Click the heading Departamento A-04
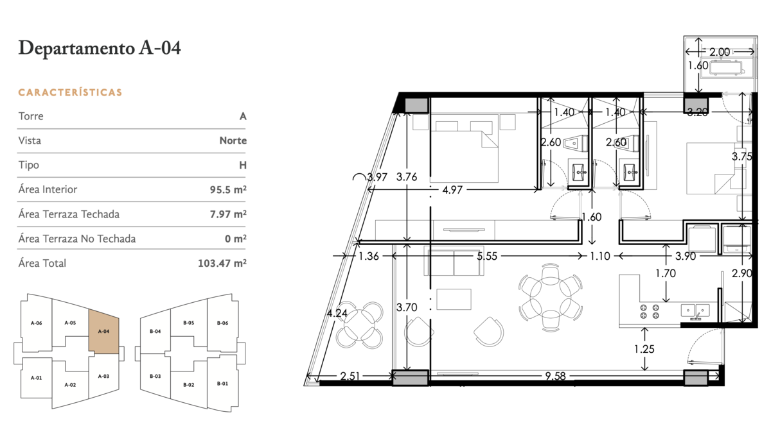click(100, 47)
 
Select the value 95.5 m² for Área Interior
click(228, 189)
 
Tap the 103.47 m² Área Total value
click(222, 263)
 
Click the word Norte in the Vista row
click(233, 140)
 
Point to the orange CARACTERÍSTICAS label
click(70, 92)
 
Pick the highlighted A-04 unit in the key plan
click(104, 332)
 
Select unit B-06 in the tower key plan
click(222, 323)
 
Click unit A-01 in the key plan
click(37, 378)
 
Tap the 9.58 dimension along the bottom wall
click(555, 376)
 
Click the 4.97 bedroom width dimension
click(452, 190)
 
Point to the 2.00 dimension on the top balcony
click(720, 52)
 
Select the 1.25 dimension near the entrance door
click(644, 349)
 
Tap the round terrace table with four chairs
click(359, 325)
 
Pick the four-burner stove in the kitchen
click(650, 311)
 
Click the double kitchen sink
click(695, 310)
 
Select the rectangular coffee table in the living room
click(454, 299)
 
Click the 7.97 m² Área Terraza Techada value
click(228, 214)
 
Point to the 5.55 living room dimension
click(487, 256)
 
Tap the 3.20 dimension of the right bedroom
click(697, 112)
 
